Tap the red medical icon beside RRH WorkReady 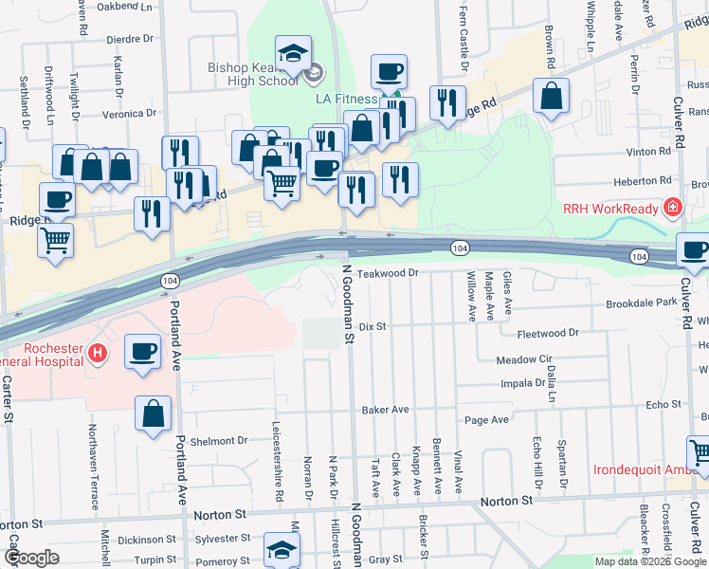[x=672, y=206]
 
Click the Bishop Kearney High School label [x=253, y=74]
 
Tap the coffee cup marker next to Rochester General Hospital [x=142, y=353]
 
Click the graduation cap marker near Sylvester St [x=282, y=549]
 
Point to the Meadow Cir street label [x=524, y=360]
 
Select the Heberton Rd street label [x=644, y=180]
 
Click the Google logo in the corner [x=31, y=558]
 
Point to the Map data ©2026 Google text [x=649, y=560]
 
